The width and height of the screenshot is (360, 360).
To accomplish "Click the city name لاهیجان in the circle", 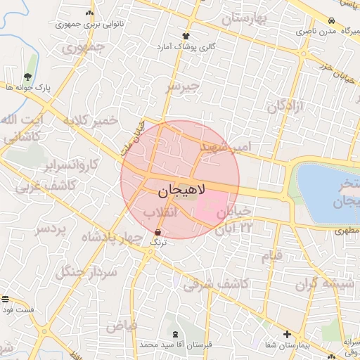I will [179, 190].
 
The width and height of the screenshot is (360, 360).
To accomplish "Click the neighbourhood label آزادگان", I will [285, 107].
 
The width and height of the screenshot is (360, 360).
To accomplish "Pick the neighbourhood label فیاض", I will [120, 326].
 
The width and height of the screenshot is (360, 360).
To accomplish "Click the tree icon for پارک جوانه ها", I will [27, 77].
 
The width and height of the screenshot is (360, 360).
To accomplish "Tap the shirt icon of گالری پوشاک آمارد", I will [186, 35].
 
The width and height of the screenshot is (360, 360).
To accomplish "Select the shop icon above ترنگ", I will [157, 231].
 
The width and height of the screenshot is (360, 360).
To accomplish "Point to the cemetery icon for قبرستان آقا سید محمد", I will [174, 335].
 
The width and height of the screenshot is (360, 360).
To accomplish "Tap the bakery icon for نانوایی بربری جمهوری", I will [89, 13].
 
